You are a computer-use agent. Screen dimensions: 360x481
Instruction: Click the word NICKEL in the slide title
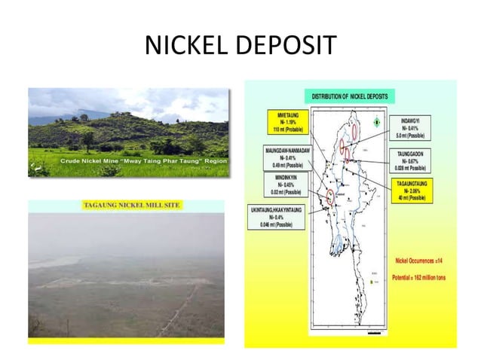pos(186,46)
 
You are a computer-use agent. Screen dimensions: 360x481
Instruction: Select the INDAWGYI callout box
pos(417,127)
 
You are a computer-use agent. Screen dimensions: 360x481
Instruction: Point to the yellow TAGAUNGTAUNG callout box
pos(417,191)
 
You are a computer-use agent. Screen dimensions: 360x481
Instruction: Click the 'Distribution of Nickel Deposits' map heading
pos(351,96)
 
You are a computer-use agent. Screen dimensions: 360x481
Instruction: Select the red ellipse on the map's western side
pos(330,197)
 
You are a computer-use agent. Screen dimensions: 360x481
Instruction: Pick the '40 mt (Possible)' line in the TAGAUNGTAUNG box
pos(417,200)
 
